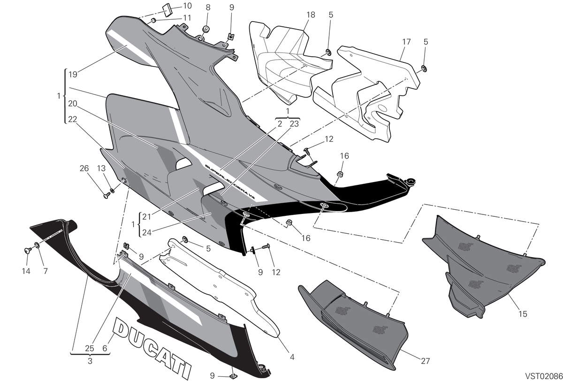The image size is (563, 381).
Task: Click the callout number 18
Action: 311,15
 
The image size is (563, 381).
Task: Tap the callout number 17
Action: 406,42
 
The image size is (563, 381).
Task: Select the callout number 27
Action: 425,361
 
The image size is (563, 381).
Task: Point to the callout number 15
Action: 523,314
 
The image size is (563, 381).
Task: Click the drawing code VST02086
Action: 544,376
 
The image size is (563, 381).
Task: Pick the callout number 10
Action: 188,6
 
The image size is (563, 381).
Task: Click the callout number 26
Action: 84,168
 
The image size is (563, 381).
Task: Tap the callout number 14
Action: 26,271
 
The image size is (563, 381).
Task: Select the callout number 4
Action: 292,357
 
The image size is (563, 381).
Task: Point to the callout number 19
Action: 73,75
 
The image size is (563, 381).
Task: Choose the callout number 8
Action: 208,8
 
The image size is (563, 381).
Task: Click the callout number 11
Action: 187,18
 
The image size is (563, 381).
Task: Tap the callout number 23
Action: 294,124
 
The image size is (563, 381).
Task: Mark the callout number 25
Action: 90,348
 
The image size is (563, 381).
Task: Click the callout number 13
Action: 101,168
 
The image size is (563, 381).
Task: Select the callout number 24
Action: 147,233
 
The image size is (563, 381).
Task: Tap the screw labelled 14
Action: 28,250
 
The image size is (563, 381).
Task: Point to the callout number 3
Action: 90,361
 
